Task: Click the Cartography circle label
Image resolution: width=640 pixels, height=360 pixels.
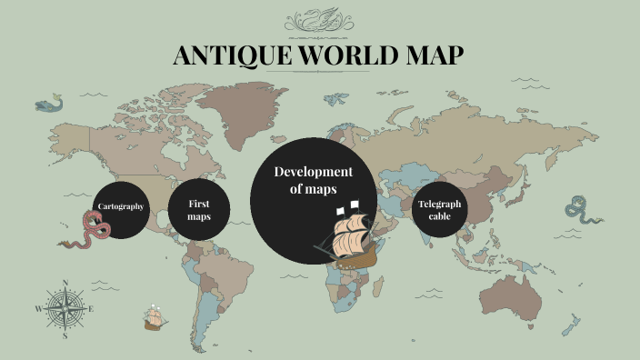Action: (121, 207)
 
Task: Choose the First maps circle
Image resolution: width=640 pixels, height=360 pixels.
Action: (198, 210)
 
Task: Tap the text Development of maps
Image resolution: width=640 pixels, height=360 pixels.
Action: (313, 180)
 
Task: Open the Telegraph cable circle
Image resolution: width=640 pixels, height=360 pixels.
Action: (439, 210)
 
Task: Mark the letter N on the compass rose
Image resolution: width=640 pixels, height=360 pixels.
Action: (65, 283)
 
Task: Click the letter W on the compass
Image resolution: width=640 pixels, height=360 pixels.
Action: (38, 309)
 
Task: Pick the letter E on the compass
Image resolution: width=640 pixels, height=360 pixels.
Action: (91, 309)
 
